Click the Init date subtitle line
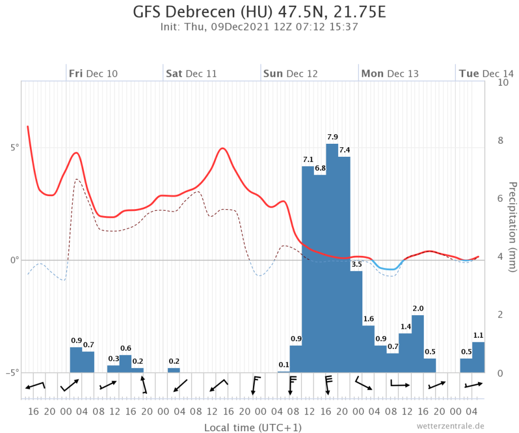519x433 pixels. (259, 26)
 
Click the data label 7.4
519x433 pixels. (344, 150)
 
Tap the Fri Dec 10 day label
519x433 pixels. (94, 74)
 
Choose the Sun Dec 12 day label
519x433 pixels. (291, 74)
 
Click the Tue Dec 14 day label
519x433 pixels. (486, 74)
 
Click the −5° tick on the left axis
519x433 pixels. (12, 372)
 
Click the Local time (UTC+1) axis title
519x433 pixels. (253, 427)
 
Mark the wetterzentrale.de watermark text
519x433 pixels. (450, 426)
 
